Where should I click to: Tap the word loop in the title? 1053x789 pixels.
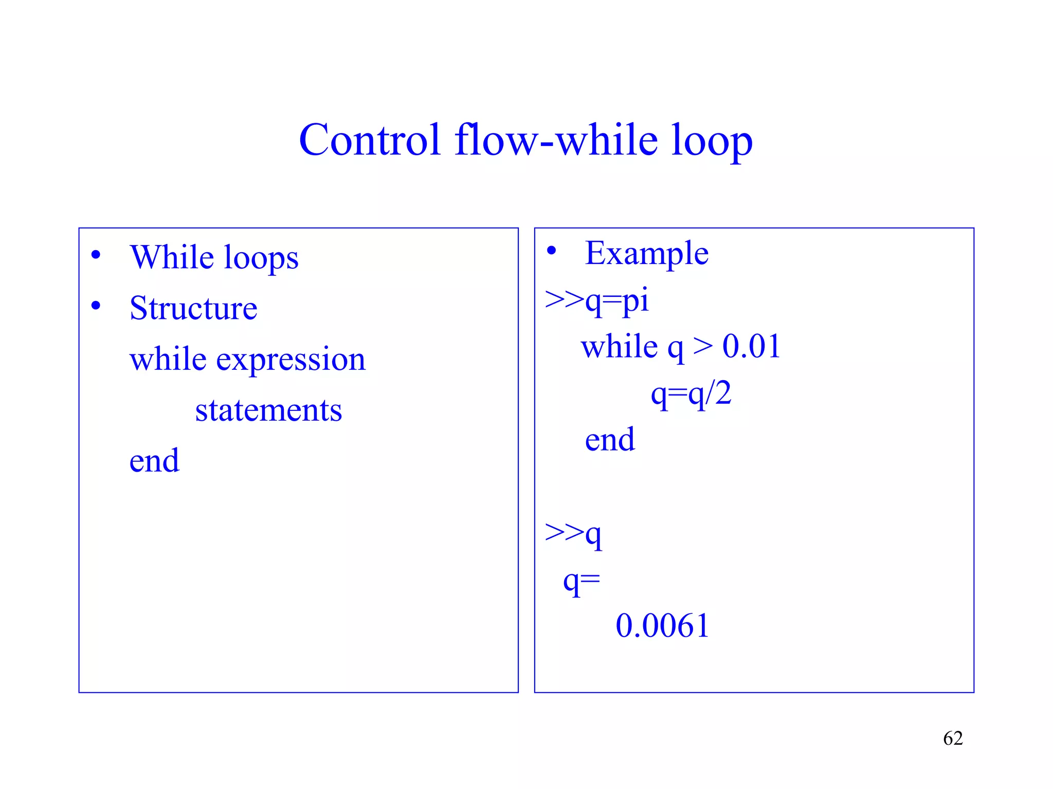pyautogui.click(x=712, y=141)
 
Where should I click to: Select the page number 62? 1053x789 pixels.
pyautogui.click(x=953, y=738)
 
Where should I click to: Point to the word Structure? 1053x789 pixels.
pyautogui.click(x=193, y=308)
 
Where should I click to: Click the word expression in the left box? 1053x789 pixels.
pyautogui.click(x=291, y=360)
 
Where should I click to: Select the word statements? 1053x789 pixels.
pyautogui.click(x=268, y=410)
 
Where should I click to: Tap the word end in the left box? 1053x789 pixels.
pyautogui.click(x=154, y=460)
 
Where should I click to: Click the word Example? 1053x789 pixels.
pyautogui.click(x=647, y=253)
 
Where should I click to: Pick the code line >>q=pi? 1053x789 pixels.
pyautogui.click(x=596, y=300)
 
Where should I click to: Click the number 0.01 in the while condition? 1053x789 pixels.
pyautogui.click(x=751, y=346)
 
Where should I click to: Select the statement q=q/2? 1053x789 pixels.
pyautogui.click(x=691, y=394)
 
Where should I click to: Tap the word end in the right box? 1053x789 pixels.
pyautogui.click(x=610, y=440)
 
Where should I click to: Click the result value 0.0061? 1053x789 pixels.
pyautogui.click(x=662, y=626)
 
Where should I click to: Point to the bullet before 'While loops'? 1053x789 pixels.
pyautogui.click(x=96, y=255)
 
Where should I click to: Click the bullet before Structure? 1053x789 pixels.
pyautogui.click(x=96, y=306)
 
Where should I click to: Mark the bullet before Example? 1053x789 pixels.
pyautogui.click(x=551, y=251)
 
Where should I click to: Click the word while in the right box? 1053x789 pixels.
pyautogui.click(x=619, y=346)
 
